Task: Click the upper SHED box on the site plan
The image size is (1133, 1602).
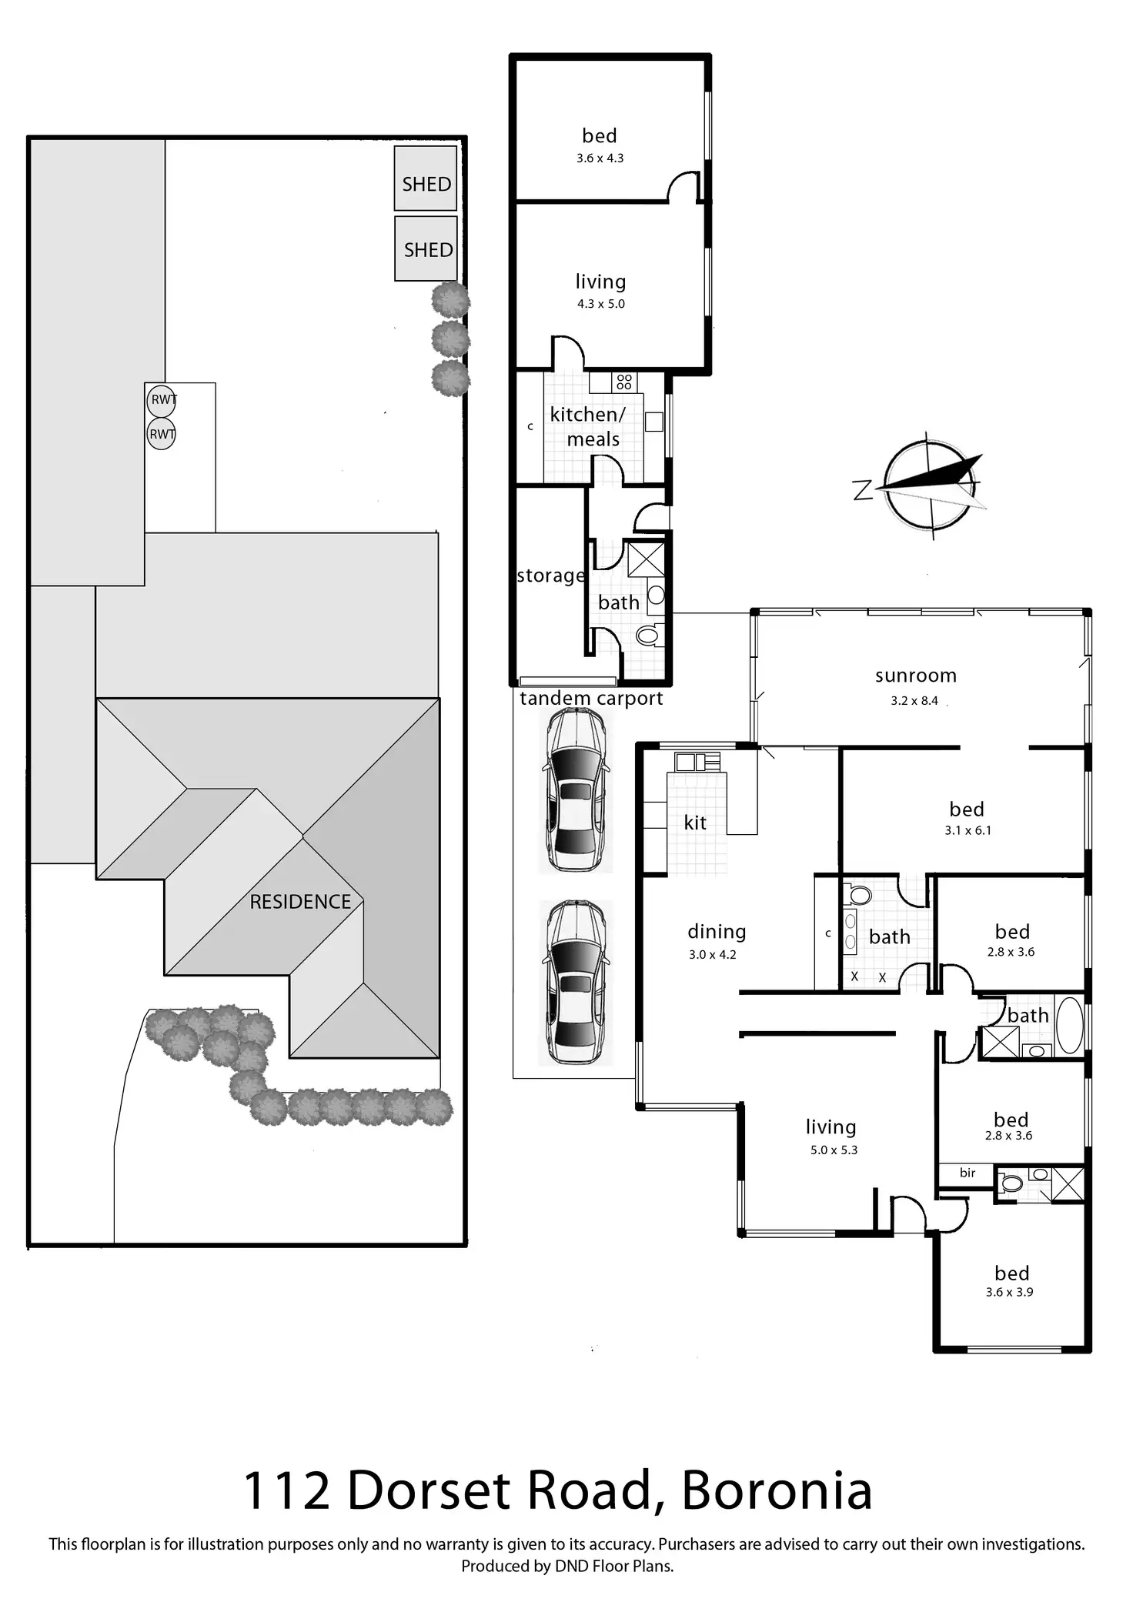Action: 426,179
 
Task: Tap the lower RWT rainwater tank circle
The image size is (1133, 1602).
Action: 162,434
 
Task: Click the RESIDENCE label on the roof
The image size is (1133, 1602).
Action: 300,902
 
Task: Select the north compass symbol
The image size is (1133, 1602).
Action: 931,484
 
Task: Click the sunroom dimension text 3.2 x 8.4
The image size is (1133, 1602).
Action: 914,701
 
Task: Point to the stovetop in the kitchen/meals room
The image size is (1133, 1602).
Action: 623,382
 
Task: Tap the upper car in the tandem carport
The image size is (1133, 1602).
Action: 576,789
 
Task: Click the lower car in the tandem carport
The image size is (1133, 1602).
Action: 576,983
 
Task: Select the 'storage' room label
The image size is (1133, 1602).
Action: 550,576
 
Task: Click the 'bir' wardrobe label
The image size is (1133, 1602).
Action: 968,1173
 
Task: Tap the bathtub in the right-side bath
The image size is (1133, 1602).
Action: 1069,1025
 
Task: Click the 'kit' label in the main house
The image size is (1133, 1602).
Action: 695,823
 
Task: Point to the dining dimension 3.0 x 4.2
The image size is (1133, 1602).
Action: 712,955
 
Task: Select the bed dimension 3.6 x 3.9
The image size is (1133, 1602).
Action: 1009,1292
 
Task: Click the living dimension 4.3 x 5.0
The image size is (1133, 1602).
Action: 601,304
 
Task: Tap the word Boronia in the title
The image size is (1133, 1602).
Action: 777,1490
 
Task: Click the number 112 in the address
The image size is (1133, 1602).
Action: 287,1490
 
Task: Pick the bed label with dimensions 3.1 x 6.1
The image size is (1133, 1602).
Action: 967,809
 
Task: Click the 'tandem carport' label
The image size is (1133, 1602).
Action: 591,699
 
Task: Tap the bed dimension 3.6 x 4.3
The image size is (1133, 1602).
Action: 600,159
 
